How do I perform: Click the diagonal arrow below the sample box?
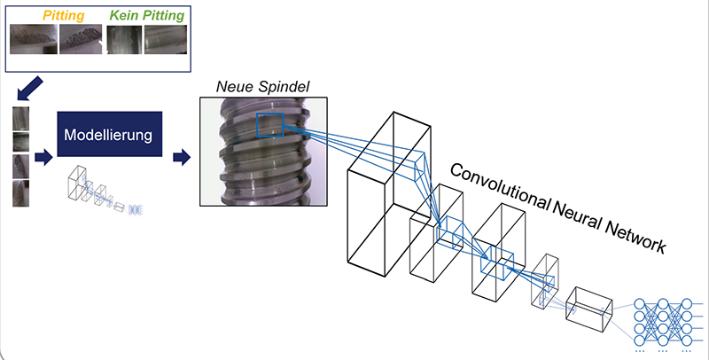pos(27,88)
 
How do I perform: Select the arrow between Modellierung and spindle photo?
pos(182,158)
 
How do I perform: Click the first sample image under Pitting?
pos(33,39)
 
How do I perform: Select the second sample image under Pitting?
pos(81,39)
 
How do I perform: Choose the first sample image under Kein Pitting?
pos(123,39)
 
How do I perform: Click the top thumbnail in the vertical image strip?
pos(20,120)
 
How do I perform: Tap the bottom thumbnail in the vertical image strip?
pos(20,192)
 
